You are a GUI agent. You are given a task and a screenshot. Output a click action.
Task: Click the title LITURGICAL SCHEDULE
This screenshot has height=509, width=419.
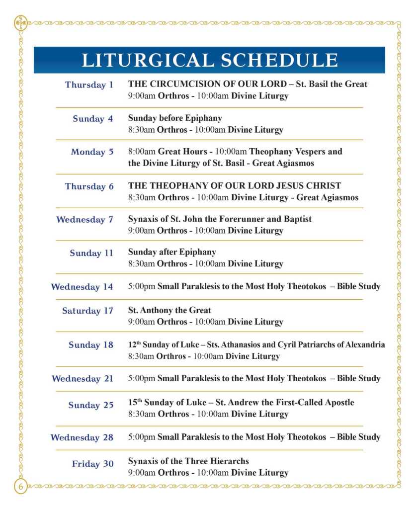(209, 60)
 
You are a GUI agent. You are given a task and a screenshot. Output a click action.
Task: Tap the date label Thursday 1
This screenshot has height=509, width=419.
(89, 85)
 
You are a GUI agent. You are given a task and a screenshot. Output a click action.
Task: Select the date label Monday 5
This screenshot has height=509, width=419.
(92, 152)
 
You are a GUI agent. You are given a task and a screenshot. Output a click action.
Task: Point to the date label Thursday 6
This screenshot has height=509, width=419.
(89, 187)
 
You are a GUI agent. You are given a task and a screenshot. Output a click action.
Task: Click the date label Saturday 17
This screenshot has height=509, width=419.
(87, 311)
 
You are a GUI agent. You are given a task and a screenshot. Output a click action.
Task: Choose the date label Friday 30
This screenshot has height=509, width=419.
(92, 464)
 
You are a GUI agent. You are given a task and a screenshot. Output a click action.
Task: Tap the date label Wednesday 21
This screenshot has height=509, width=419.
(83, 379)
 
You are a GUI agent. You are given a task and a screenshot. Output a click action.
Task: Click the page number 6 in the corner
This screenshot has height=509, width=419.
(21, 486)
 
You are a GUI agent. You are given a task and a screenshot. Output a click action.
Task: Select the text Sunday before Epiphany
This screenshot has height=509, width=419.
(175, 118)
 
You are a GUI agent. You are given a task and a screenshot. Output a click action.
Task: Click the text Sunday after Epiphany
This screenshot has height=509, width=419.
(172, 252)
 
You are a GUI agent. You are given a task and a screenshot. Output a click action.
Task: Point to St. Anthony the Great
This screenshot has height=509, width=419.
(169, 310)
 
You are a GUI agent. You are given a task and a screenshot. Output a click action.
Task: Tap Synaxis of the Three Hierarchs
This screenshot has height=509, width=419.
(188, 461)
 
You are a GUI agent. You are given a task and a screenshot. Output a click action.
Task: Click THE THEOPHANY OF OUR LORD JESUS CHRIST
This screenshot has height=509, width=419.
(235, 186)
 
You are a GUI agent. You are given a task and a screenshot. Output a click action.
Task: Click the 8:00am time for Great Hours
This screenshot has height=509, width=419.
(142, 151)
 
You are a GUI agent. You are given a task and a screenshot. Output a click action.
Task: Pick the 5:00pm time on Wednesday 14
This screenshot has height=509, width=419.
(142, 286)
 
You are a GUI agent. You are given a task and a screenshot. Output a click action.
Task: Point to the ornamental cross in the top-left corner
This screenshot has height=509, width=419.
(21, 23)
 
